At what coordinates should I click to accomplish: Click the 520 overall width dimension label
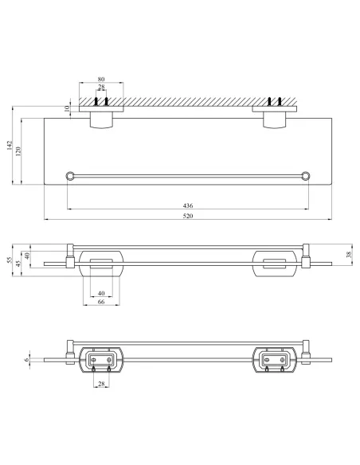click(x=188, y=216)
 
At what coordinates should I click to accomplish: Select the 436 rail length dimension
click(x=188, y=205)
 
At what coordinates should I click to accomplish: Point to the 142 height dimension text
click(x=10, y=145)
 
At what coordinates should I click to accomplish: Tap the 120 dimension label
click(x=18, y=151)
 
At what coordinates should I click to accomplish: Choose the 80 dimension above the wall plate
click(x=101, y=79)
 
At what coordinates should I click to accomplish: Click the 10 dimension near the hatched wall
click(x=67, y=108)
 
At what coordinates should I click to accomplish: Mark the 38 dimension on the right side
click(x=349, y=254)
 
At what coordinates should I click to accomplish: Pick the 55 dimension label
click(x=10, y=260)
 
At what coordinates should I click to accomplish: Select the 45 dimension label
click(x=18, y=264)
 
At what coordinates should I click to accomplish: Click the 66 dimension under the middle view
click(x=101, y=302)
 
